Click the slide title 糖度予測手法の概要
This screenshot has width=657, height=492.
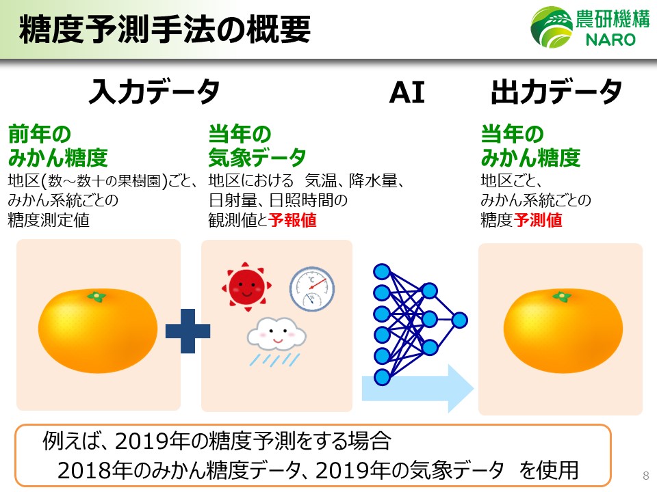click(x=164, y=30)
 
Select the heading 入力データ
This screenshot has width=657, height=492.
click(x=153, y=92)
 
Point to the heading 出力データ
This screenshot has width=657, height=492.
click(x=556, y=92)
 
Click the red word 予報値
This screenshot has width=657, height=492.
click(x=292, y=221)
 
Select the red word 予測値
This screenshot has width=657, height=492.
click(x=539, y=221)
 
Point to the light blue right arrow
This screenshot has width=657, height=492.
click(x=417, y=388)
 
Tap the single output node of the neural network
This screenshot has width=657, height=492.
click(x=459, y=320)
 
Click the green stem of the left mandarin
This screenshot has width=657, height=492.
click(x=97, y=297)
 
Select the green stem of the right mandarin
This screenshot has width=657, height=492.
click(x=562, y=297)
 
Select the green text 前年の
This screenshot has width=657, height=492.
click(x=39, y=133)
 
